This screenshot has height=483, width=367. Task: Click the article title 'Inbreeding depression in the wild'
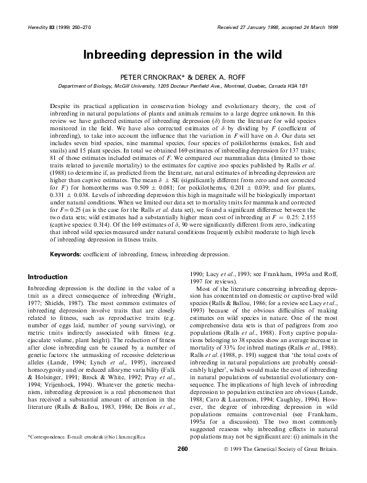coord(183,54)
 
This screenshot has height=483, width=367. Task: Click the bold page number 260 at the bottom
coord(183,465)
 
